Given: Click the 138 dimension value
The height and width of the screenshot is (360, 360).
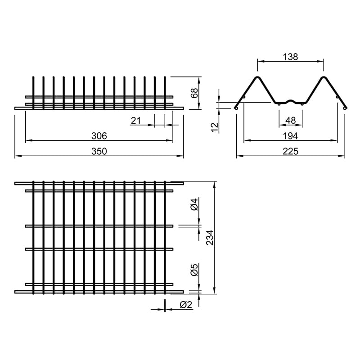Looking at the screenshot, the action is click(x=290, y=57).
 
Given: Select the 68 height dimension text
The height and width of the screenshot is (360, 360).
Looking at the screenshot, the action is click(x=194, y=93).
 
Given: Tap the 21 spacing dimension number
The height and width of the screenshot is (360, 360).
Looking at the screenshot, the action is click(x=135, y=120).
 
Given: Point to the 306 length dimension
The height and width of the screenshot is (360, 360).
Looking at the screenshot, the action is click(x=99, y=136).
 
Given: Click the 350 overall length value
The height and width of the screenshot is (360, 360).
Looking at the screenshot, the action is click(x=99, y=151).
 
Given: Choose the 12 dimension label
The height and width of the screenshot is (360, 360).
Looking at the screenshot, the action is click(x=214, y=127).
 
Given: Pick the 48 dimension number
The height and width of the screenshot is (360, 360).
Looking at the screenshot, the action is click(x=290, y=120).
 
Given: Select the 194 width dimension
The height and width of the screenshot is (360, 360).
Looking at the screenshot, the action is click(x=290, y=136).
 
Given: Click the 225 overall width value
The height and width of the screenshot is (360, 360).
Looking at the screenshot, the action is click(x=290, y=151).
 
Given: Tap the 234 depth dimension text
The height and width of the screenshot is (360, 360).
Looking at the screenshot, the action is click(x=210, y=238).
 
